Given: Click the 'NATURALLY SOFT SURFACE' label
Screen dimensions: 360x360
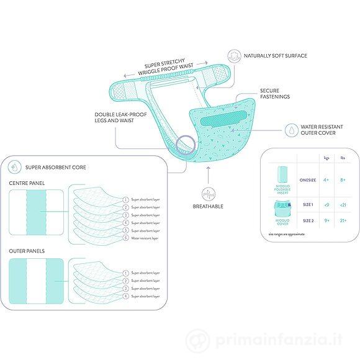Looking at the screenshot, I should point(276,56).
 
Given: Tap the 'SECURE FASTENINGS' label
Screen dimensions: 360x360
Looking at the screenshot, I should point(274,94).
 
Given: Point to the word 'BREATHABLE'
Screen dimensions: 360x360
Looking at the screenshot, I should point(208,207).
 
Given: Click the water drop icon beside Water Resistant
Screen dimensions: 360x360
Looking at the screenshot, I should point(290,129).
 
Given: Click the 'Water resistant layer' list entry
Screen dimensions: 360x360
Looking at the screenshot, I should point(145,238).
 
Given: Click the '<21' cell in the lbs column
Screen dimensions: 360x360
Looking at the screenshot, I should point(343,205).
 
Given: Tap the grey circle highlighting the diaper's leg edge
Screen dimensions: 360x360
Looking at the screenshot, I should point(185,146).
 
